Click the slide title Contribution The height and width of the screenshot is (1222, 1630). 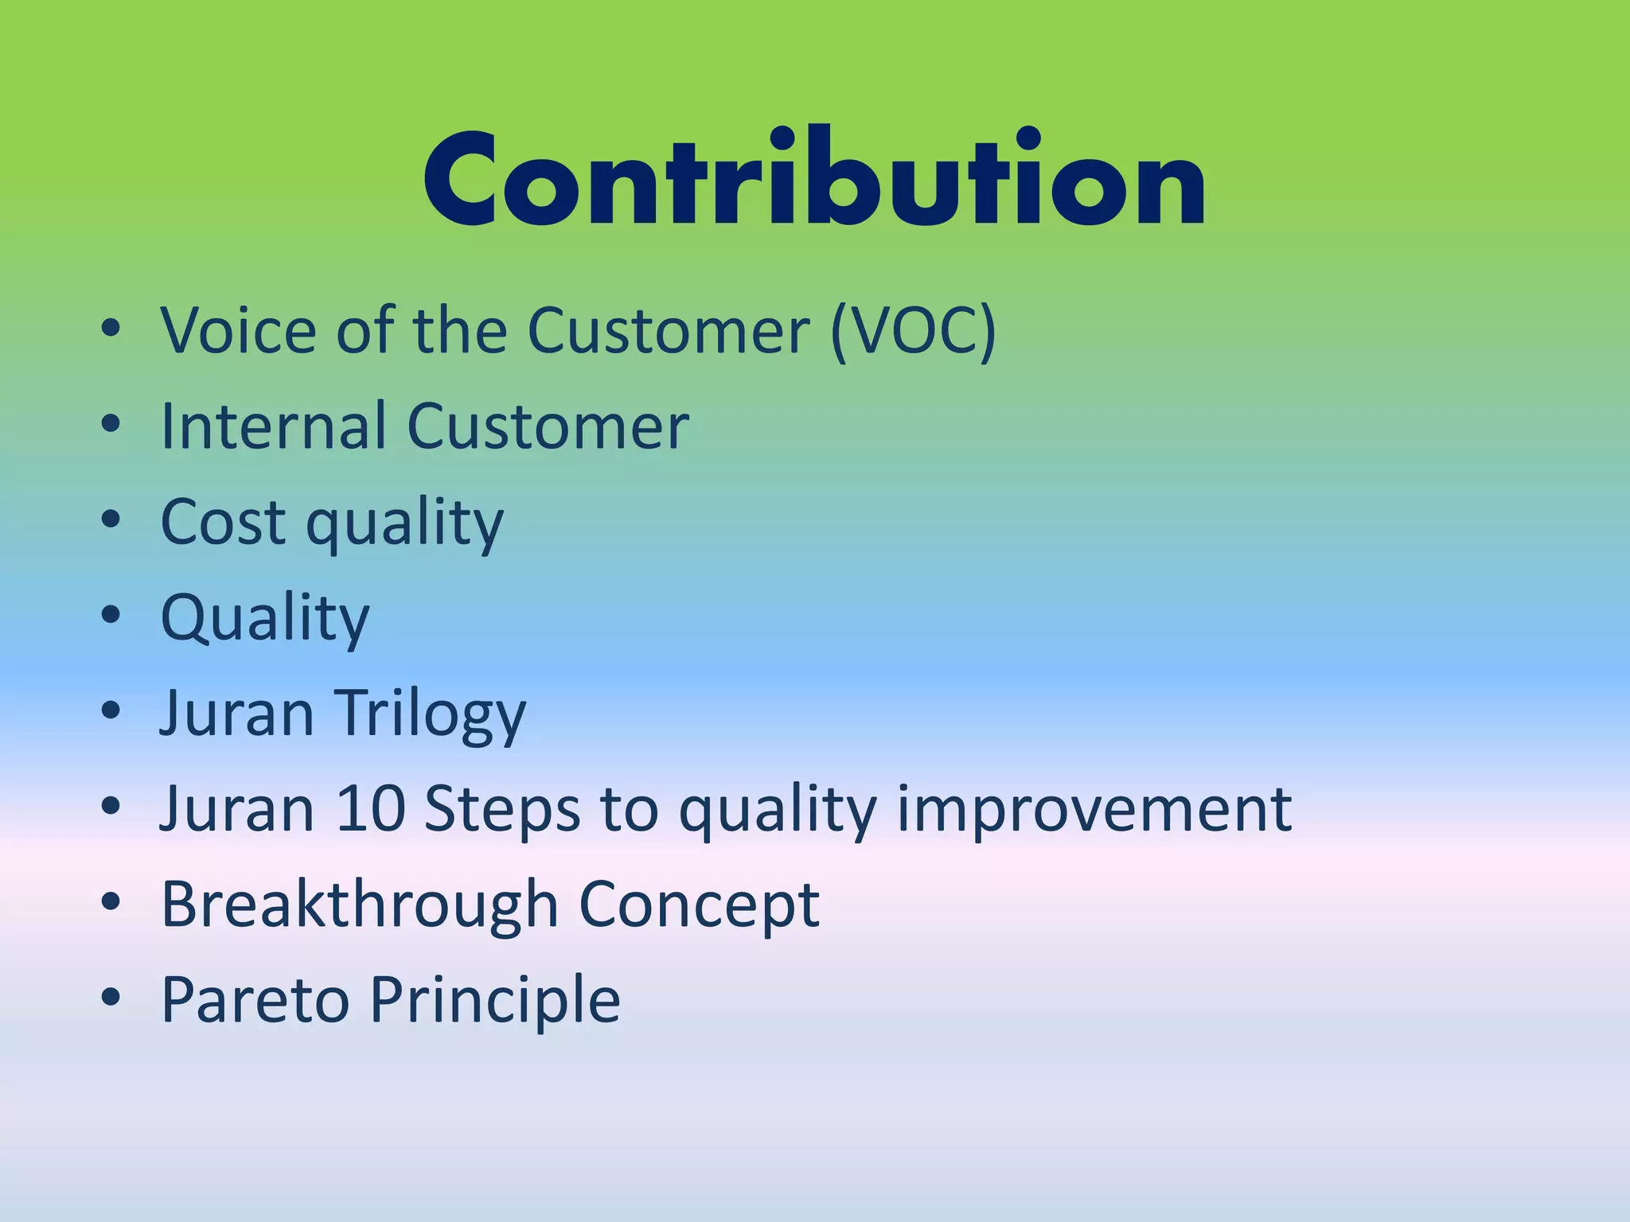tap(814, 179)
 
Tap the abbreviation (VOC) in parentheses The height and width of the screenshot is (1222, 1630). tap(913, 330)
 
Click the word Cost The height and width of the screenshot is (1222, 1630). tap(223, 522)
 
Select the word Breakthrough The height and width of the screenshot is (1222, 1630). tap(360, 905)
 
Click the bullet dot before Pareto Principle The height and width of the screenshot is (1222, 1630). tap(111, 996)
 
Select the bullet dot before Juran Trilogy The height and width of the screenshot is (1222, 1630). tap(111, 709)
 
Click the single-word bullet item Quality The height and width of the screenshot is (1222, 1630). tap(265, 618)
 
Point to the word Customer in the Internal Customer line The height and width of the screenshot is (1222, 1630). tap(548, 426)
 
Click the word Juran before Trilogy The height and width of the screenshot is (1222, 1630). tap(237, 713)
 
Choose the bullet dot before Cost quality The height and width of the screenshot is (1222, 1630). tap(111, 518)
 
